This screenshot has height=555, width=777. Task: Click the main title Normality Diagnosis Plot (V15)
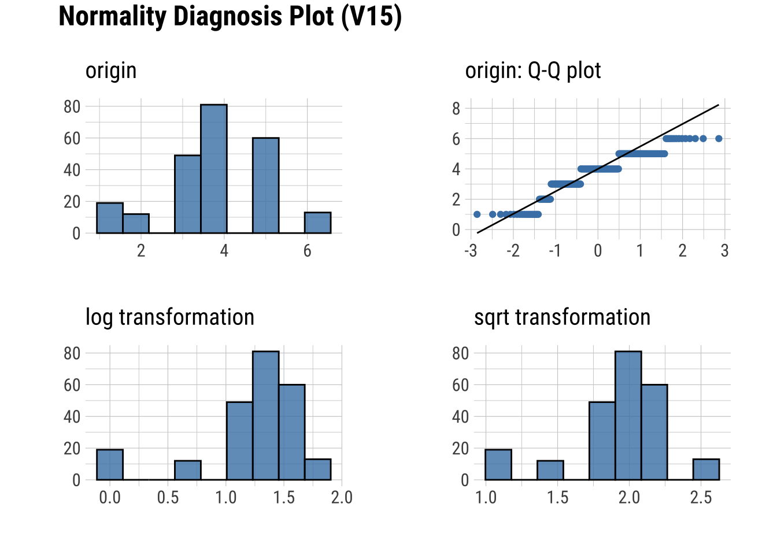(x=230, y=17)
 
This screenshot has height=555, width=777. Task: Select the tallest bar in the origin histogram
(x=214, y=169)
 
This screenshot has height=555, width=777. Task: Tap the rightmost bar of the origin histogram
(x=318, y=223)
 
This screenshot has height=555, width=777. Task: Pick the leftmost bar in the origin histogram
(x=110, y=218)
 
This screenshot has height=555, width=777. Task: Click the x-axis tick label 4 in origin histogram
(x=224, y=251)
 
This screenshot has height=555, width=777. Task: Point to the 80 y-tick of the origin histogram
(x=72, y=107)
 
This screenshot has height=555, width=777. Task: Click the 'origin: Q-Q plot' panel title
(x=533, y=71)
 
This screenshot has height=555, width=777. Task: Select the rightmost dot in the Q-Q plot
(x=719, y=138)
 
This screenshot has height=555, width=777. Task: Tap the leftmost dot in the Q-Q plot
(x=477, y=214)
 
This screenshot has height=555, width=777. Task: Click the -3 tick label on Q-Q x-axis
(x=471, y=251)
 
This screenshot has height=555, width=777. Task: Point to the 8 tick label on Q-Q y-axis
(x=456, y=109)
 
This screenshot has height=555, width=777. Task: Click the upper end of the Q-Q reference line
(x=719, y=105)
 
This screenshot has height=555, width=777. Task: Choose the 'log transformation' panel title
(x=170, y=317)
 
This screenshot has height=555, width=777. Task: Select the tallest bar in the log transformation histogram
(x=266, y=416)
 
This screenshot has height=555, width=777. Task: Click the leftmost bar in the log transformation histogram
(x=110, y=465)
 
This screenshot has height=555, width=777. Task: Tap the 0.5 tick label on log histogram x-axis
(x=168, y=498)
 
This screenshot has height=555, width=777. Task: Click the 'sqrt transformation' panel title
(x=563, y=317)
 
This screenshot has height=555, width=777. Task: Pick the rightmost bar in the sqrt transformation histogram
(x=706, y=469)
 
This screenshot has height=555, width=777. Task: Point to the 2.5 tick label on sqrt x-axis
(x=701, y=498)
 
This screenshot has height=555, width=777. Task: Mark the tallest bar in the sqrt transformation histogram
(x=628, y=416)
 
